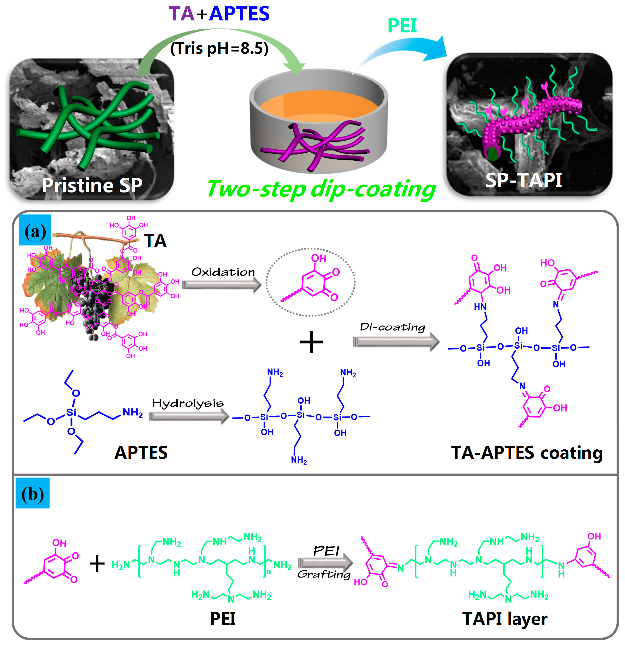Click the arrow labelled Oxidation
tap(222, 285)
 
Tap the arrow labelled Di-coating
tap(396, 342)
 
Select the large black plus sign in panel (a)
tap(311, 342)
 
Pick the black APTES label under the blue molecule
tap(141, 452)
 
